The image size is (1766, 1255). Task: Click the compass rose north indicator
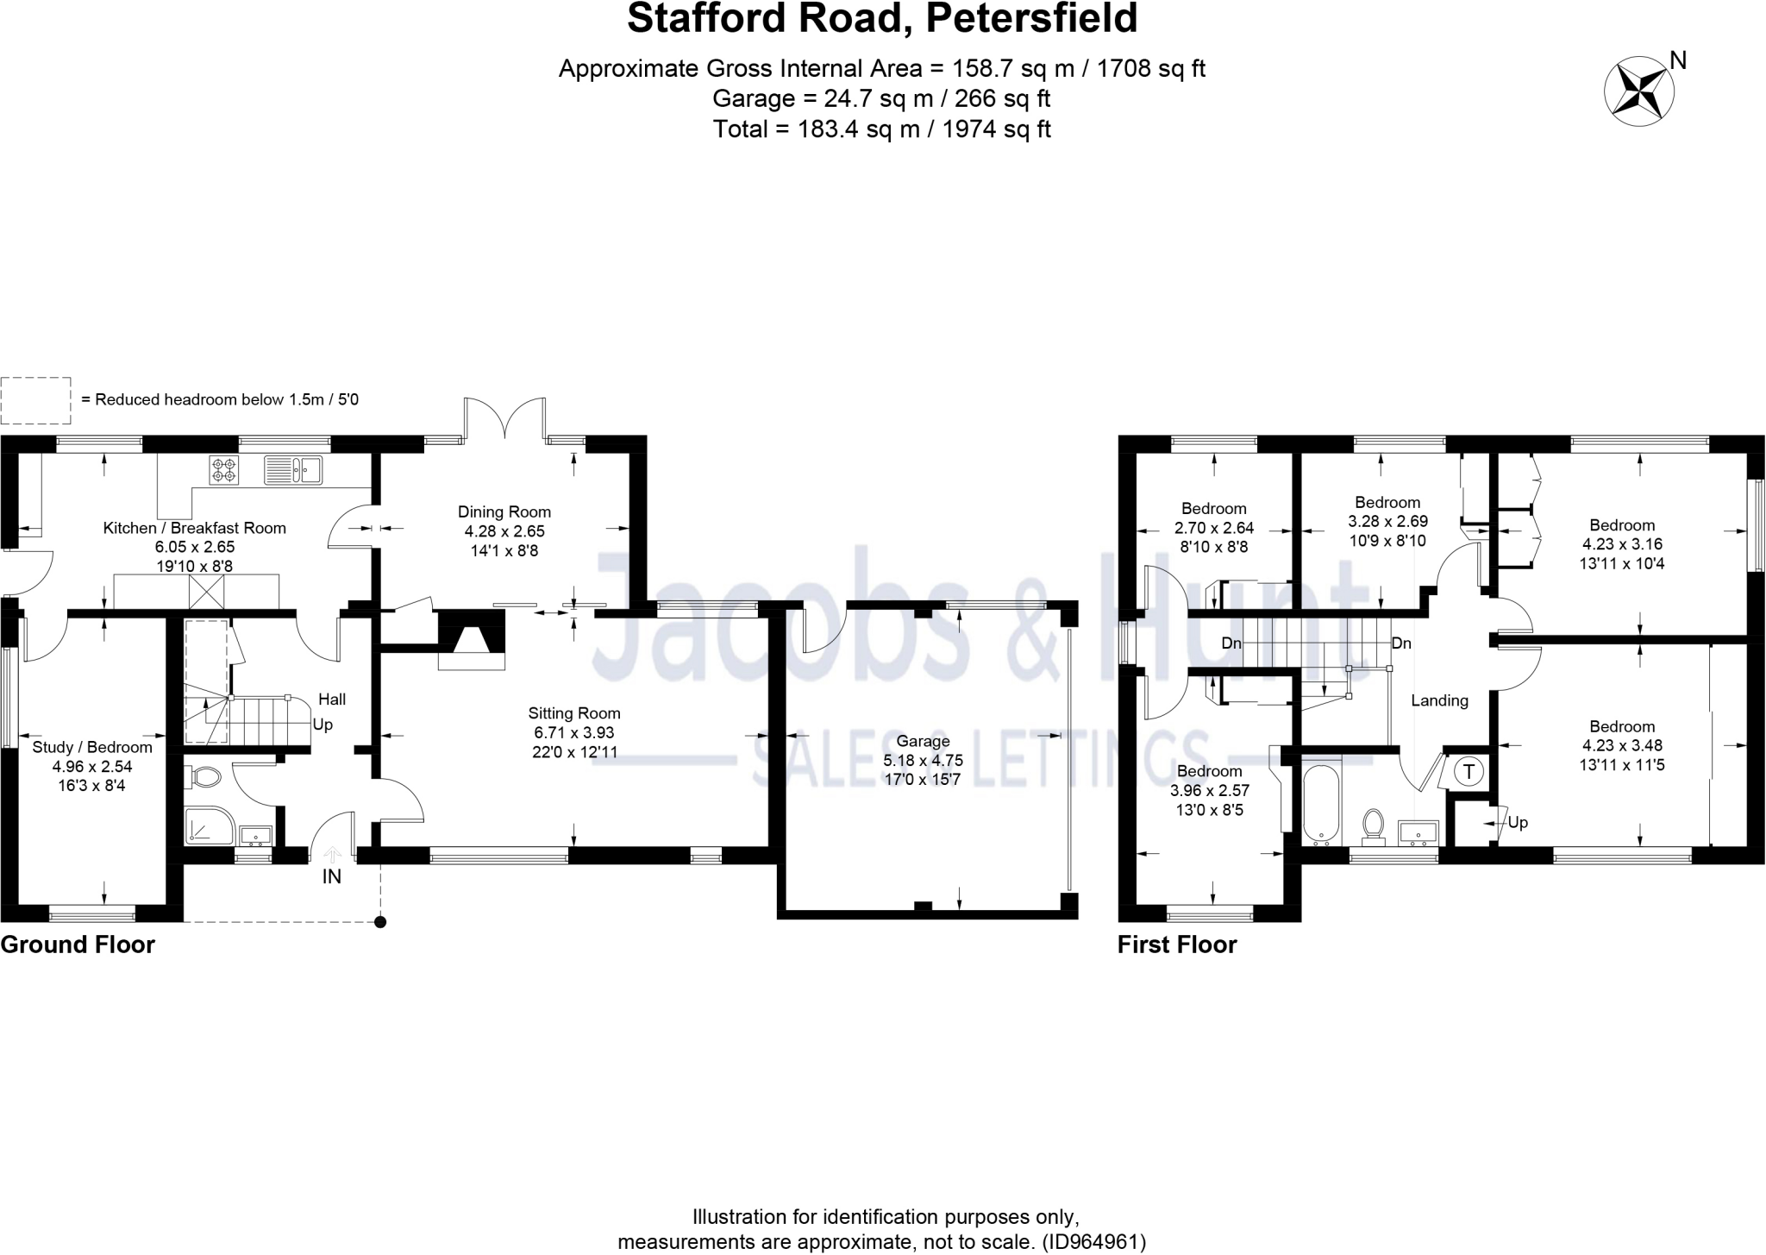coord(1638,91)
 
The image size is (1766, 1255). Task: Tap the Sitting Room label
coord(574,713)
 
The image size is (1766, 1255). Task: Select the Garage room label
coord(923,741)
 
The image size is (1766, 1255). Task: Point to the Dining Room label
coord(504,512)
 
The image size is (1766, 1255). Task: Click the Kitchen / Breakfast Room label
coord(195,528)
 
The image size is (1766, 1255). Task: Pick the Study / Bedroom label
coord(92,747)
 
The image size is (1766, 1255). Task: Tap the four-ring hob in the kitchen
coord(224,470)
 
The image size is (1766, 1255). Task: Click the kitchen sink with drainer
coord(293,470)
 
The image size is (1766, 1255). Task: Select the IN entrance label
coord(332,877)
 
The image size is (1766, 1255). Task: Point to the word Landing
coord(1439,700)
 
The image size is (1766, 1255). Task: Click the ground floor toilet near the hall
coord(204,777)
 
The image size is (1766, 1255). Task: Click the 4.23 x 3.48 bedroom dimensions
coord(1622,745)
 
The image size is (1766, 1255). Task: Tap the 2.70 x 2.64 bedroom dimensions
coord(1214,528)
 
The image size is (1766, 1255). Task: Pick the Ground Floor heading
coord(78,944)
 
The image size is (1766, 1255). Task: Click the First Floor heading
coord(1177,944)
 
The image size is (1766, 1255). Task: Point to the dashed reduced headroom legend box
coord(35,400)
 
